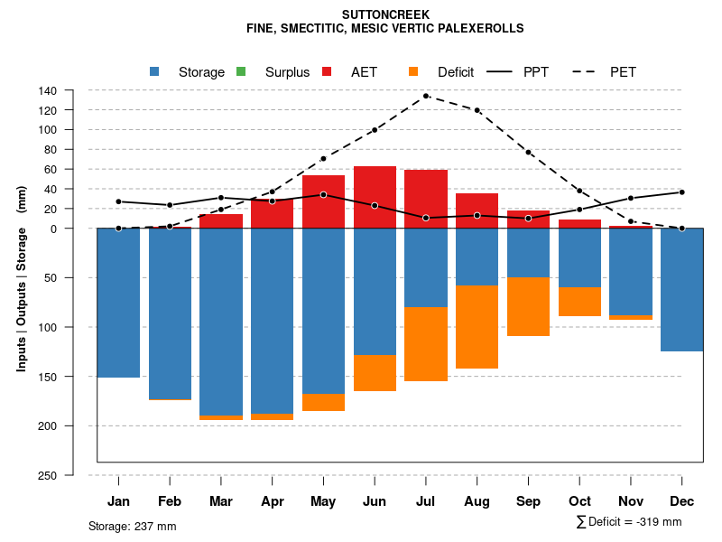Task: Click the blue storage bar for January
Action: (118, 303)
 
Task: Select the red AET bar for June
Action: (375, 197)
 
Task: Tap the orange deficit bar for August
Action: (477, 327)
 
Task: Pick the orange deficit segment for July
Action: (426, 344)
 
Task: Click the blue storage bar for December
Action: (681, 290)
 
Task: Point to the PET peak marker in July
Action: (426, 96)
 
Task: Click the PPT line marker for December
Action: (681, 192)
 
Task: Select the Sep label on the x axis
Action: (528, 501)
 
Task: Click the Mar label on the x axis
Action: (221, 501)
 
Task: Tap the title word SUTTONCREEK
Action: (386, 14)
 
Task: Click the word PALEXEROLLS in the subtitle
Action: (478, 28)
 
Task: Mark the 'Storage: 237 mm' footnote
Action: (132, 526)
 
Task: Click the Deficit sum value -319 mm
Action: (657, 522)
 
